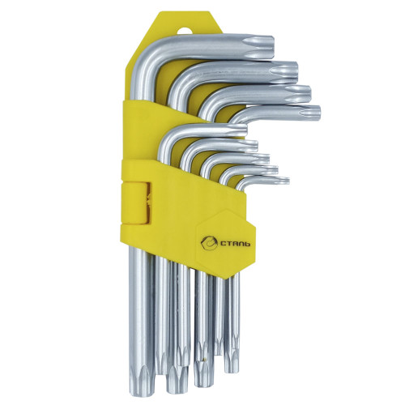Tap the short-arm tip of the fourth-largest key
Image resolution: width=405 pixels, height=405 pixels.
coord(313,113)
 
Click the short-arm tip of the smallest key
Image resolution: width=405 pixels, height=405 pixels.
coord(284,180)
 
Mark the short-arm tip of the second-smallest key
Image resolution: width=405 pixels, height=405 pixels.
coord(273,169)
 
